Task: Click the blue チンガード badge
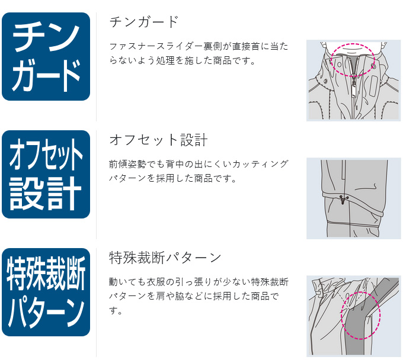point(46,56)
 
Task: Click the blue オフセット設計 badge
point(46,174)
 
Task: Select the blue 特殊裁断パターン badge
point(46,292)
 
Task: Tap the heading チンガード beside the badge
point(144,22)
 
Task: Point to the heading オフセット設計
point(158,140)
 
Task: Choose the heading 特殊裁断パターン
point(165,258)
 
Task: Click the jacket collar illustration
point(353,81)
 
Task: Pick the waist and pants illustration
point(353,198)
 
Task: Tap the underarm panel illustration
point(353,316)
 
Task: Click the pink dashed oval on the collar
point(353,59)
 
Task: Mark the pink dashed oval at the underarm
point(360,313)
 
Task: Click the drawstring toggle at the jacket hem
point(343,201)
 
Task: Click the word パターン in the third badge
point(46,312)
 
